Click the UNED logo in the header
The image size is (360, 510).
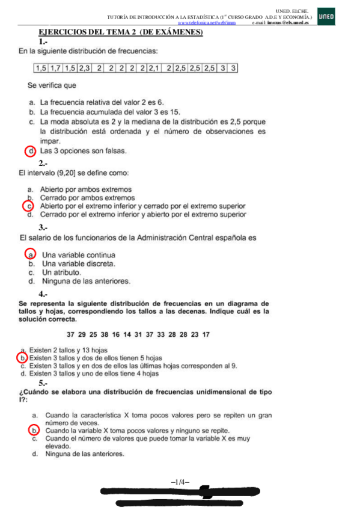tap(325, 17)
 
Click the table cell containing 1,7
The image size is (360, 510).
tap(56, 69)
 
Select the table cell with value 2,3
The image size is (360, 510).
tap(85, 69)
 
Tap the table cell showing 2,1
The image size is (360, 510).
tap(156, 69)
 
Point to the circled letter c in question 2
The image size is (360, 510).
tap(28, 206)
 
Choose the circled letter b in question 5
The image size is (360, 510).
tap(34, 431)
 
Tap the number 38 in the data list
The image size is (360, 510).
tap(105, 334)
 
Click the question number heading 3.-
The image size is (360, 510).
tap(44, 227)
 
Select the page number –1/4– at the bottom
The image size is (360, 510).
tap(180, 481)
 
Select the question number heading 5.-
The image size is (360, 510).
tap(44, 382)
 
